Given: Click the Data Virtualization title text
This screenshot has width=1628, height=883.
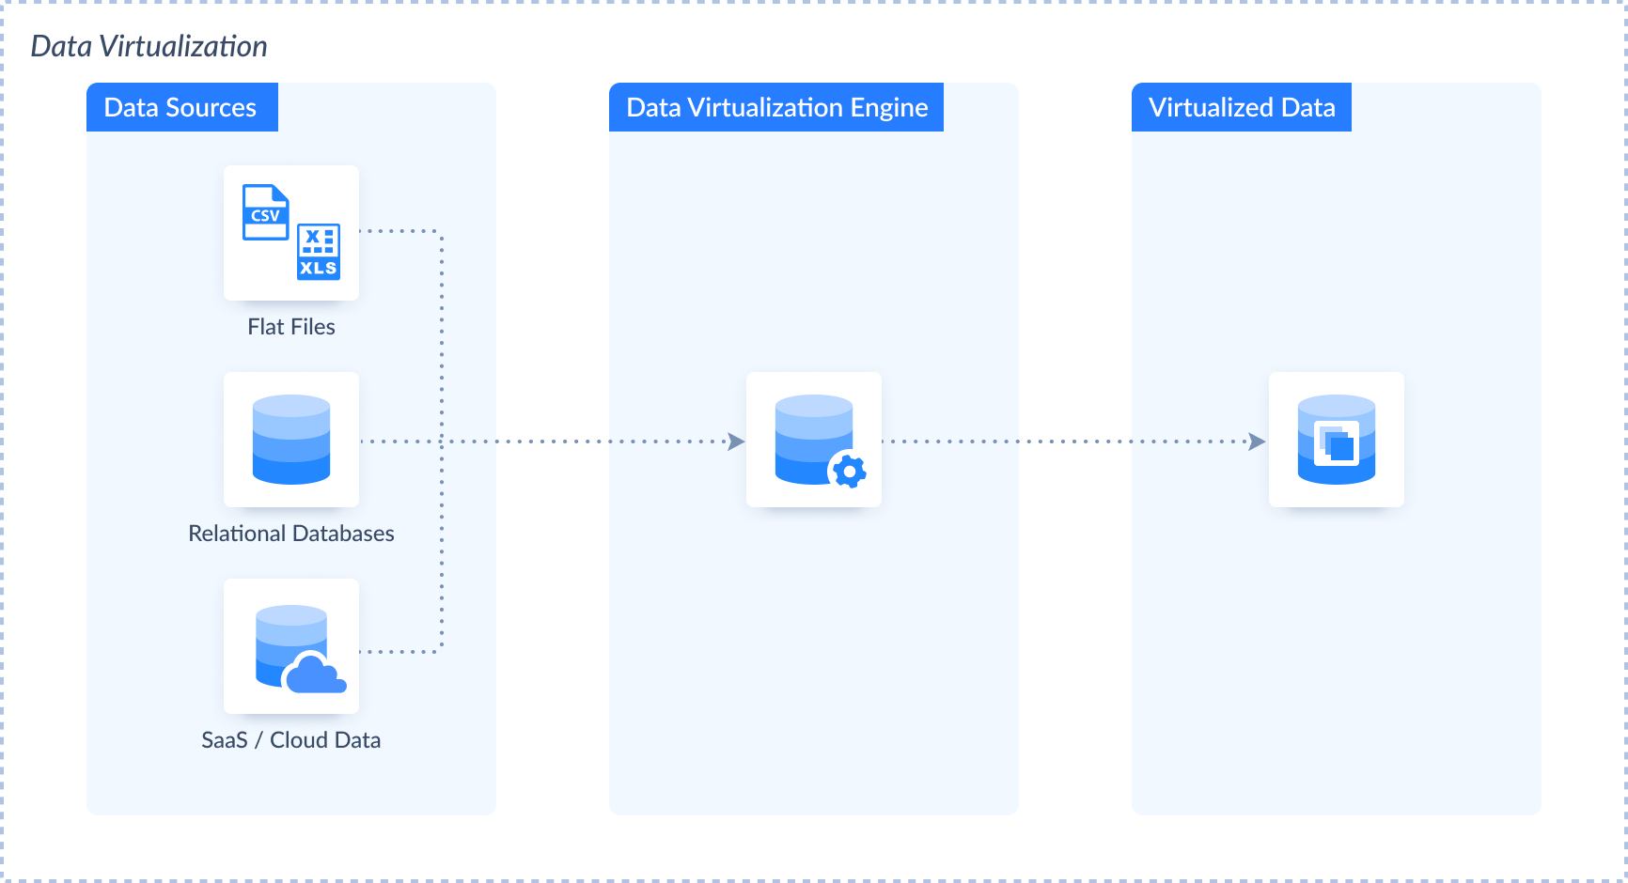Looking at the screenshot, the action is point(149,46).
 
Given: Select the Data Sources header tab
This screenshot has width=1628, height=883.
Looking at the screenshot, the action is point(182,107).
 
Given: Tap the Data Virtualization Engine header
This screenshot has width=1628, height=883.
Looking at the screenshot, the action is point(776,107).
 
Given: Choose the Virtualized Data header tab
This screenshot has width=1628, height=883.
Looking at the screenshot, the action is point(1242,107).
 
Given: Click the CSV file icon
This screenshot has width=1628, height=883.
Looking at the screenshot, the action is point(266,212).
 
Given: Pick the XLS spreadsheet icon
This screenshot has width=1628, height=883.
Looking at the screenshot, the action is point(319,253).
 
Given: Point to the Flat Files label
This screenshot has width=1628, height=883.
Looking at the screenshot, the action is point(291,327).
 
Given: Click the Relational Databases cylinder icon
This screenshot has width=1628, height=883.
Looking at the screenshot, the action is point(291,440).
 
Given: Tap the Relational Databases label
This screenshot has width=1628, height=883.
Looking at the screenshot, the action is point(291,534).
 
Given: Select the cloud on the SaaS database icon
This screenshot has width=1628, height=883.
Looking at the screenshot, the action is point(315,674).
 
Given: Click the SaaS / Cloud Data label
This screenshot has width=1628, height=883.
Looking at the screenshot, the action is point(291,740).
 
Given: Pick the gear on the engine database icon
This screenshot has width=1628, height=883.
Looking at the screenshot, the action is point(850,471).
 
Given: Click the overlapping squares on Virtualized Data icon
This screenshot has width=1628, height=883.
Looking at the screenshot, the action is point(1337,443).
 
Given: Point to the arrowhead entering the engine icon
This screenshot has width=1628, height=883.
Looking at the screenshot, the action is point(737,441).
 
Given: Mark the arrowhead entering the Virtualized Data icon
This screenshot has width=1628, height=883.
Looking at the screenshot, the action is point(1257,441).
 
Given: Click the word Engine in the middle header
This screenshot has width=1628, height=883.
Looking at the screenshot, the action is point(889,108).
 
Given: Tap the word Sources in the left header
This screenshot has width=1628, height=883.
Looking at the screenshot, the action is point(211,108).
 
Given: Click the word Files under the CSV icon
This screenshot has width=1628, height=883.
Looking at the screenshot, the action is point(312,327).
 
